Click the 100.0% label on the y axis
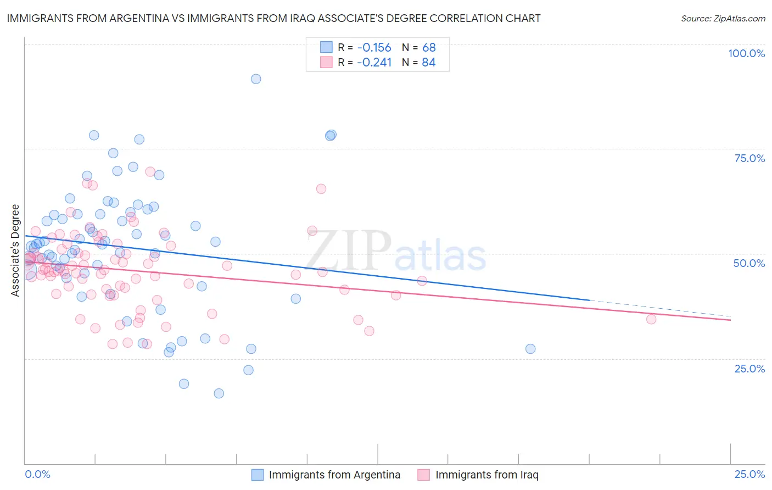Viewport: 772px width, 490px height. tap(746, 53)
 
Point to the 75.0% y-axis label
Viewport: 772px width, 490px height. tap(749, 158)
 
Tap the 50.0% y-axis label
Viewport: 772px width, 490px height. tap(749, 263)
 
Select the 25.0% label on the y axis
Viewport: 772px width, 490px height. tap(749, 368)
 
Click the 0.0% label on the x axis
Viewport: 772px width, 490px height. tap(37, 474)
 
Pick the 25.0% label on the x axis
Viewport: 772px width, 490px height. tap(749, 474)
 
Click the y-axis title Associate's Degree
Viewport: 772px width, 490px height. tap(15, 250)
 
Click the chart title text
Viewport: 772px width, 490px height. tap(273, 18)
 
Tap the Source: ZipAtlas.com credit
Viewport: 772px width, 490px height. tap(723, 19)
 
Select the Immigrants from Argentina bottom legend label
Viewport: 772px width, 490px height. tap(334, 475)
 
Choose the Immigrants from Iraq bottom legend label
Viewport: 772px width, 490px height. tap(486, 475)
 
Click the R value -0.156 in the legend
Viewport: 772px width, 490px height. tap(374, 48)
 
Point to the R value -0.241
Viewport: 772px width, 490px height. tap(374, 63)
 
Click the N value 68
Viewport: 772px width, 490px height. tap(429, 48)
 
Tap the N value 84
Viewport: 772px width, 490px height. tap(429, 63)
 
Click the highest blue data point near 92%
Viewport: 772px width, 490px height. tap(256, 79)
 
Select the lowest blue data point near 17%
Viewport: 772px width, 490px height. tap(219, 393)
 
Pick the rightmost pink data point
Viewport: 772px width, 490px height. tap(651, 319)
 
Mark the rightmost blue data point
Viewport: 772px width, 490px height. tap(530, 349)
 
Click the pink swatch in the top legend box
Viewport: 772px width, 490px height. tap(326, 62)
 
